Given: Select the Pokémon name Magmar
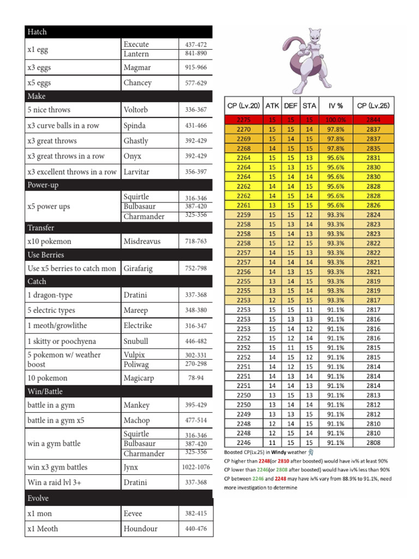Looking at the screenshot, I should coord(137,68).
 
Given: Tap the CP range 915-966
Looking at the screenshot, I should coord(196,68).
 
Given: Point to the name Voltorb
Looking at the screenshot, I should coord(135,110).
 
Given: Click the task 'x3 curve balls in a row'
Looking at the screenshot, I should coord(63,126).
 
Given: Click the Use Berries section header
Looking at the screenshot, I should coord(45,255).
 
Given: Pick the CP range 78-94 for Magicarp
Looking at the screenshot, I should coord(196,378).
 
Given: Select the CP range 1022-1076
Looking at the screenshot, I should coord(196,467).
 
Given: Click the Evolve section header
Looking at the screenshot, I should coord(38,498).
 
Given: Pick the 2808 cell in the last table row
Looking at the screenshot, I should coord(374,443).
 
